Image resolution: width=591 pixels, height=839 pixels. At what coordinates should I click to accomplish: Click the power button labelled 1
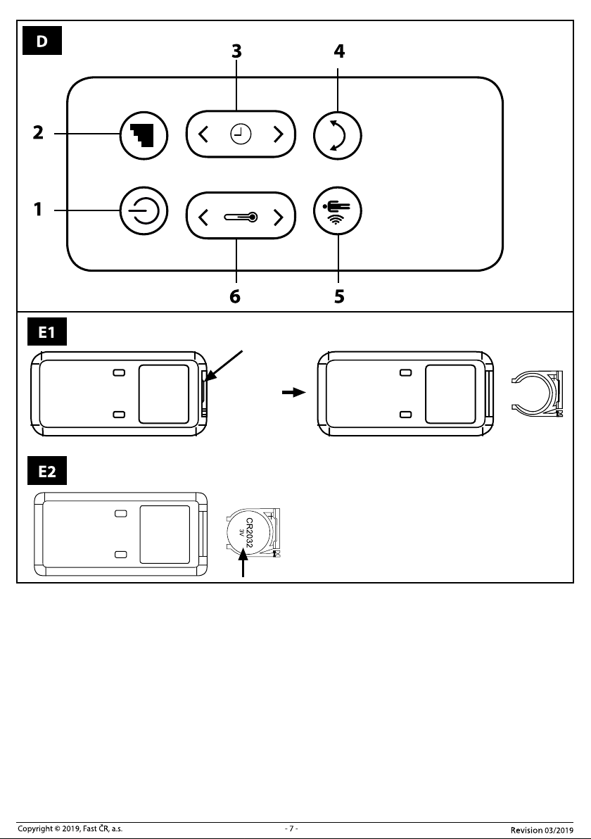[144, 210]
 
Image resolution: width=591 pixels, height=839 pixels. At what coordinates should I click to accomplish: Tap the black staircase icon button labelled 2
[144, 135]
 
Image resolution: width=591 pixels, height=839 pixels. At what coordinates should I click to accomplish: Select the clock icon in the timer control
[241, 134]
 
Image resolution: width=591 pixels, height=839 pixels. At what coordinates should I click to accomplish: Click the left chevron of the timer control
[203, 134]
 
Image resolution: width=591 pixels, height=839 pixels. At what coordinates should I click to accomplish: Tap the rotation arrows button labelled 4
[338, 135]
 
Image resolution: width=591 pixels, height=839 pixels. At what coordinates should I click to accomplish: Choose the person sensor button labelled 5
[338, 210]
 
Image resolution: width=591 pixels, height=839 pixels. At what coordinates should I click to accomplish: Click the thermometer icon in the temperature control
[241, 217]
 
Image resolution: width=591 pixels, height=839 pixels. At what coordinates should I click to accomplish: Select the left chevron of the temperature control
[203, 217]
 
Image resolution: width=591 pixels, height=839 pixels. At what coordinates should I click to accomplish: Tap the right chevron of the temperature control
[278, 217]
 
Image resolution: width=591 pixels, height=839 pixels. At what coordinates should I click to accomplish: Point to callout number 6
[235, 296]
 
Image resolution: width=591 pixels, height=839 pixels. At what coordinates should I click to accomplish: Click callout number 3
[236, 51]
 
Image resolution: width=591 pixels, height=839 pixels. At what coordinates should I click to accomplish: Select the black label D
[42, 41]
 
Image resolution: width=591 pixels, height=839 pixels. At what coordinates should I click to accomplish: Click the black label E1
[47, 332]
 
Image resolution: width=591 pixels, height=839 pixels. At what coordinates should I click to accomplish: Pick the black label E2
[47, 471]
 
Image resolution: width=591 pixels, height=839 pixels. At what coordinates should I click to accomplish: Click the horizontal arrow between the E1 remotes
[293, 392]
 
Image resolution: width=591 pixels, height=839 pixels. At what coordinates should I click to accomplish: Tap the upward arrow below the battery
[243, 565]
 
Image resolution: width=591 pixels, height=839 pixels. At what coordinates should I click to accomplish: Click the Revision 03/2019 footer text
[542, 830]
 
